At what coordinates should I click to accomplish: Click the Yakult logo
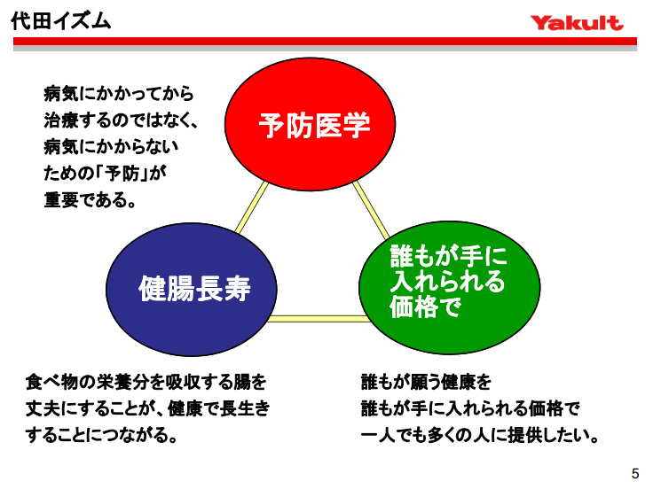(578, 22)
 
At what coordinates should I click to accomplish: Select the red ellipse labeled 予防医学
(314, 125)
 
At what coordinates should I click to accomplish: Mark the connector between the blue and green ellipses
(320, 317)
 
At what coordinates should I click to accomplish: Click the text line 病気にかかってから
(118, 93)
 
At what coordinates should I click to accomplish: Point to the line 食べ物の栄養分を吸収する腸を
(146, 383)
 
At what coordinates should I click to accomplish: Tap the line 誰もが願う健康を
(426, 383)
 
